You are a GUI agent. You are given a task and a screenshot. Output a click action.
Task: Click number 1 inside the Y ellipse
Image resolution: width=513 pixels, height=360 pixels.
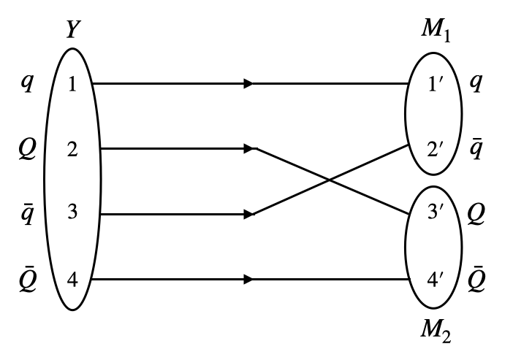72,85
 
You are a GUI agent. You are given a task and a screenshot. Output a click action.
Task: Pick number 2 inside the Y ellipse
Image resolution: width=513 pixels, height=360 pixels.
72,150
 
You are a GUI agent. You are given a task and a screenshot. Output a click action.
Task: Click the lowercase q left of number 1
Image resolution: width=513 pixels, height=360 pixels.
27,85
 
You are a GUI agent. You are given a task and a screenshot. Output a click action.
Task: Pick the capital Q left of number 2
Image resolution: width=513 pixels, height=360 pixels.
26,150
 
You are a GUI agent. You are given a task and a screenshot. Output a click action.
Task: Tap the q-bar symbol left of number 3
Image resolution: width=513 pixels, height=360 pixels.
27,213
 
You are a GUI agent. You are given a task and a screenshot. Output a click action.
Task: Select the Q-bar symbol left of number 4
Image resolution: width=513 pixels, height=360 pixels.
26,277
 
